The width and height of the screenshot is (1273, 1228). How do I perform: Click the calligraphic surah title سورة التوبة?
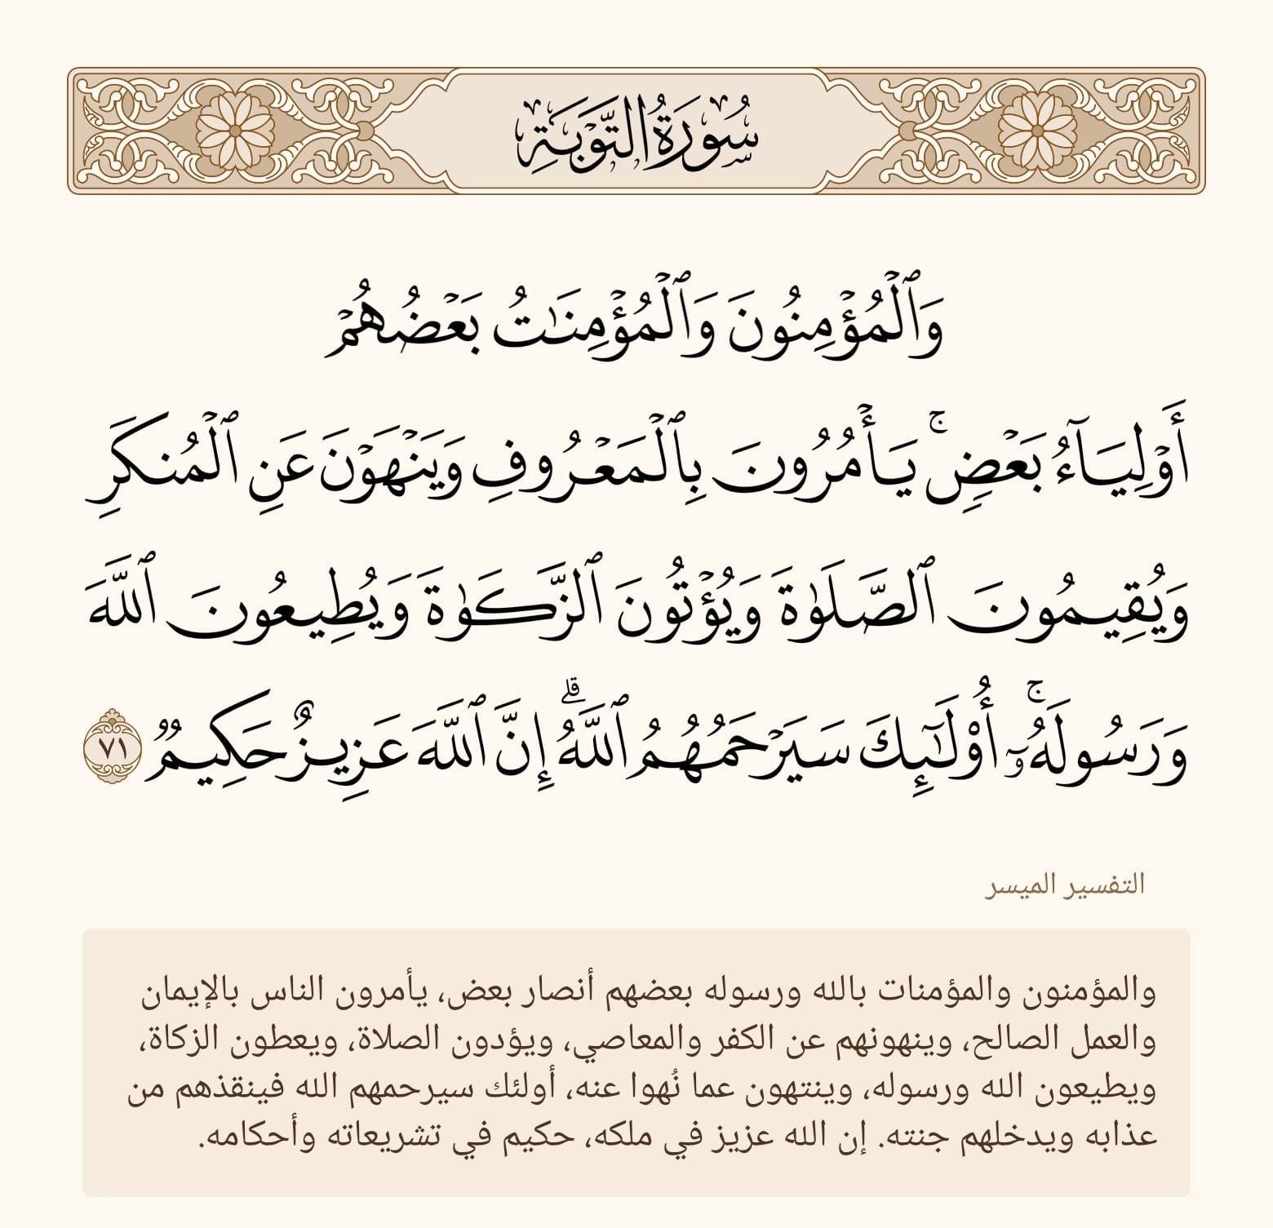[636, 131]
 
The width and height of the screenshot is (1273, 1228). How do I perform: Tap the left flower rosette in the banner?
[233, 131]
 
